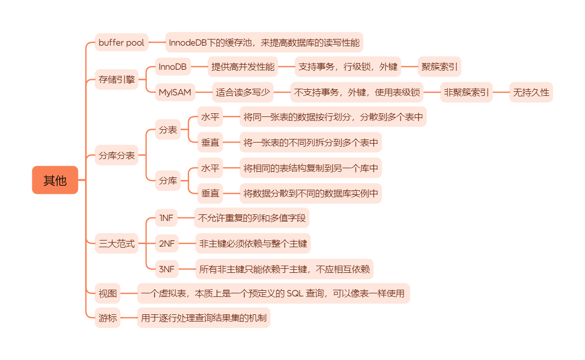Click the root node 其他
point(55,180)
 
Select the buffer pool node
point(122,43)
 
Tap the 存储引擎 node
point(117,79)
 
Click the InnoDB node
point(172,67)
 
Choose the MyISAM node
point(175,92)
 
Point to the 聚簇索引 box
point(439,67)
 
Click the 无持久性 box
point(531,92)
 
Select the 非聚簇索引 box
point(466,92)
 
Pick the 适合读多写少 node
point(243,92)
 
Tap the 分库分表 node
point(117,155)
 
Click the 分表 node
point(168,130)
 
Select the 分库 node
point(168,181)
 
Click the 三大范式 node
point(117,244)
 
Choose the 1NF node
point(167,218)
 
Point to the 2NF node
point(167,244)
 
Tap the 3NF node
point(167,269)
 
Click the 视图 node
point(108,294)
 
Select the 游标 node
point(108,318)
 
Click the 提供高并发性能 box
point(243,67)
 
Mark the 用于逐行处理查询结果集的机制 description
point(204,318)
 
